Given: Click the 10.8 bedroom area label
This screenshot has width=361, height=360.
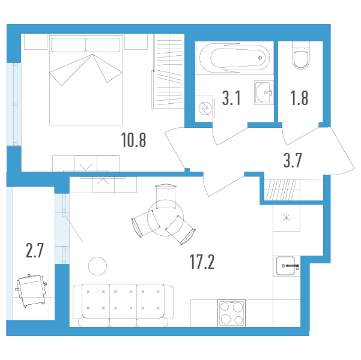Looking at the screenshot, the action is pyautogui.click(x=133, y=140).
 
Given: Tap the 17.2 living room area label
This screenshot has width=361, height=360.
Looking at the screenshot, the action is pyautogui.click(x=202, y=262).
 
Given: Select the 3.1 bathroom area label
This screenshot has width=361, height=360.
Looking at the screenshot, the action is pyautogui.click(x=231, y=98).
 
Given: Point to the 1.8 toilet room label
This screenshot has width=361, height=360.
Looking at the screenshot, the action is pyautogui.click(x=299, y=98).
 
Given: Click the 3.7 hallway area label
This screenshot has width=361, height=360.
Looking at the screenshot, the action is pyautogui.click(x=293, y=160).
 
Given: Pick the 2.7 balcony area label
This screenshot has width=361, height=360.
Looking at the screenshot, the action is pyautogui.click(x=34, y=250).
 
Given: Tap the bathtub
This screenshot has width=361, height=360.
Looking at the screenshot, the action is pyautogui.click(x=235, y=58).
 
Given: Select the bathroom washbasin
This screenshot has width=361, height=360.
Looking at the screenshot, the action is pyautogui.click(x=264, y=92).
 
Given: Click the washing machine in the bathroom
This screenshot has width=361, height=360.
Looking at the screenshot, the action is pyautogui.click(x=205, y=109).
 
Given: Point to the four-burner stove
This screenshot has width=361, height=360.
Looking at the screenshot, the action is pyautogui.click(x=232, y=313).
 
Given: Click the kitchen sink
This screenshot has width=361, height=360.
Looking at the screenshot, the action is pyautogui.click(x=287, y=266).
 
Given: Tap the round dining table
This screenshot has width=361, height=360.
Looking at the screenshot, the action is pyautogui.click(x=166, y=218).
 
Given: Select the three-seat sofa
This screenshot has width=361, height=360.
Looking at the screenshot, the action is pyautogui.click(x=123, y=305).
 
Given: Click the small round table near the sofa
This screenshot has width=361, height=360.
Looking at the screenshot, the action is pyautogui.click(x=98, y=266).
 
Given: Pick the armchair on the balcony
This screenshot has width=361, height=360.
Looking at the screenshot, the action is pyautogui.click(x=31, y=290).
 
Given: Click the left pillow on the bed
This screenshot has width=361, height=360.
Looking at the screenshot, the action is pyautogui.click(x=68, y=45).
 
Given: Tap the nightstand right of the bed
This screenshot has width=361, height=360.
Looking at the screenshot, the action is pyautogui.click(x=136, y=41).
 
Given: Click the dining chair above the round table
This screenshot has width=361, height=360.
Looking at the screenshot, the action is pyautogui.click(x=166, y=196).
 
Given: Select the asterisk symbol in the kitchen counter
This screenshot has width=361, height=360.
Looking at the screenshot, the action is pyautogui.click(x=287, y=218).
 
